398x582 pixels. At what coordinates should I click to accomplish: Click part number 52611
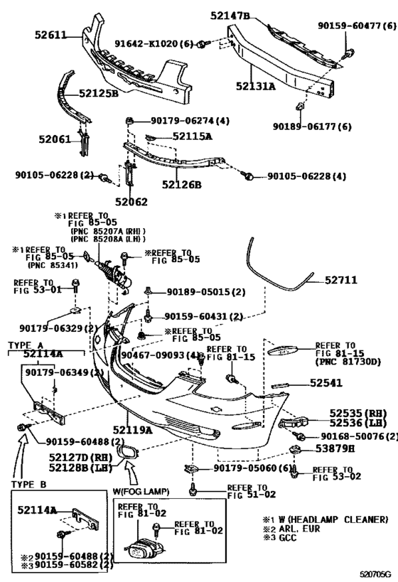point(50,35)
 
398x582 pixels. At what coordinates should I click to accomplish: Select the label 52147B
point(230,16)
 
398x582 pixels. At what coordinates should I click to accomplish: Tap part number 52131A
point(256,86)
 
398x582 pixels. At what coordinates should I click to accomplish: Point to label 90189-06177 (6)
point(312,126)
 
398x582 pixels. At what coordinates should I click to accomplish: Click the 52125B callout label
point(99,93)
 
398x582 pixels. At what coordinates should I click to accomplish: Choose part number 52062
point(131,202)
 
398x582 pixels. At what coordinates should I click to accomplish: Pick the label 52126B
point(181,184)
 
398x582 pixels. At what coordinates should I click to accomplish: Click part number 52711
point(341,280)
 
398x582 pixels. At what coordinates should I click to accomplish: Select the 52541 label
point(326,383)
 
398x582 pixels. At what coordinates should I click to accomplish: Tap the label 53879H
point(335,448)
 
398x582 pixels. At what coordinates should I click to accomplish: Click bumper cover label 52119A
point(132,430)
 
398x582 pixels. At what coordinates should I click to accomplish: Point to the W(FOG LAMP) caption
point(141,492)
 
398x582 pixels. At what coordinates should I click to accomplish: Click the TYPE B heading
point(28,485)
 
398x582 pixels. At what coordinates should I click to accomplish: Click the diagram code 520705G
point(375,575)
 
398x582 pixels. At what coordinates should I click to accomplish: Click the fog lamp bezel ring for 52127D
point(128,453)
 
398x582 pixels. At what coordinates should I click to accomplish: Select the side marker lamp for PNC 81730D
point(282,350)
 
